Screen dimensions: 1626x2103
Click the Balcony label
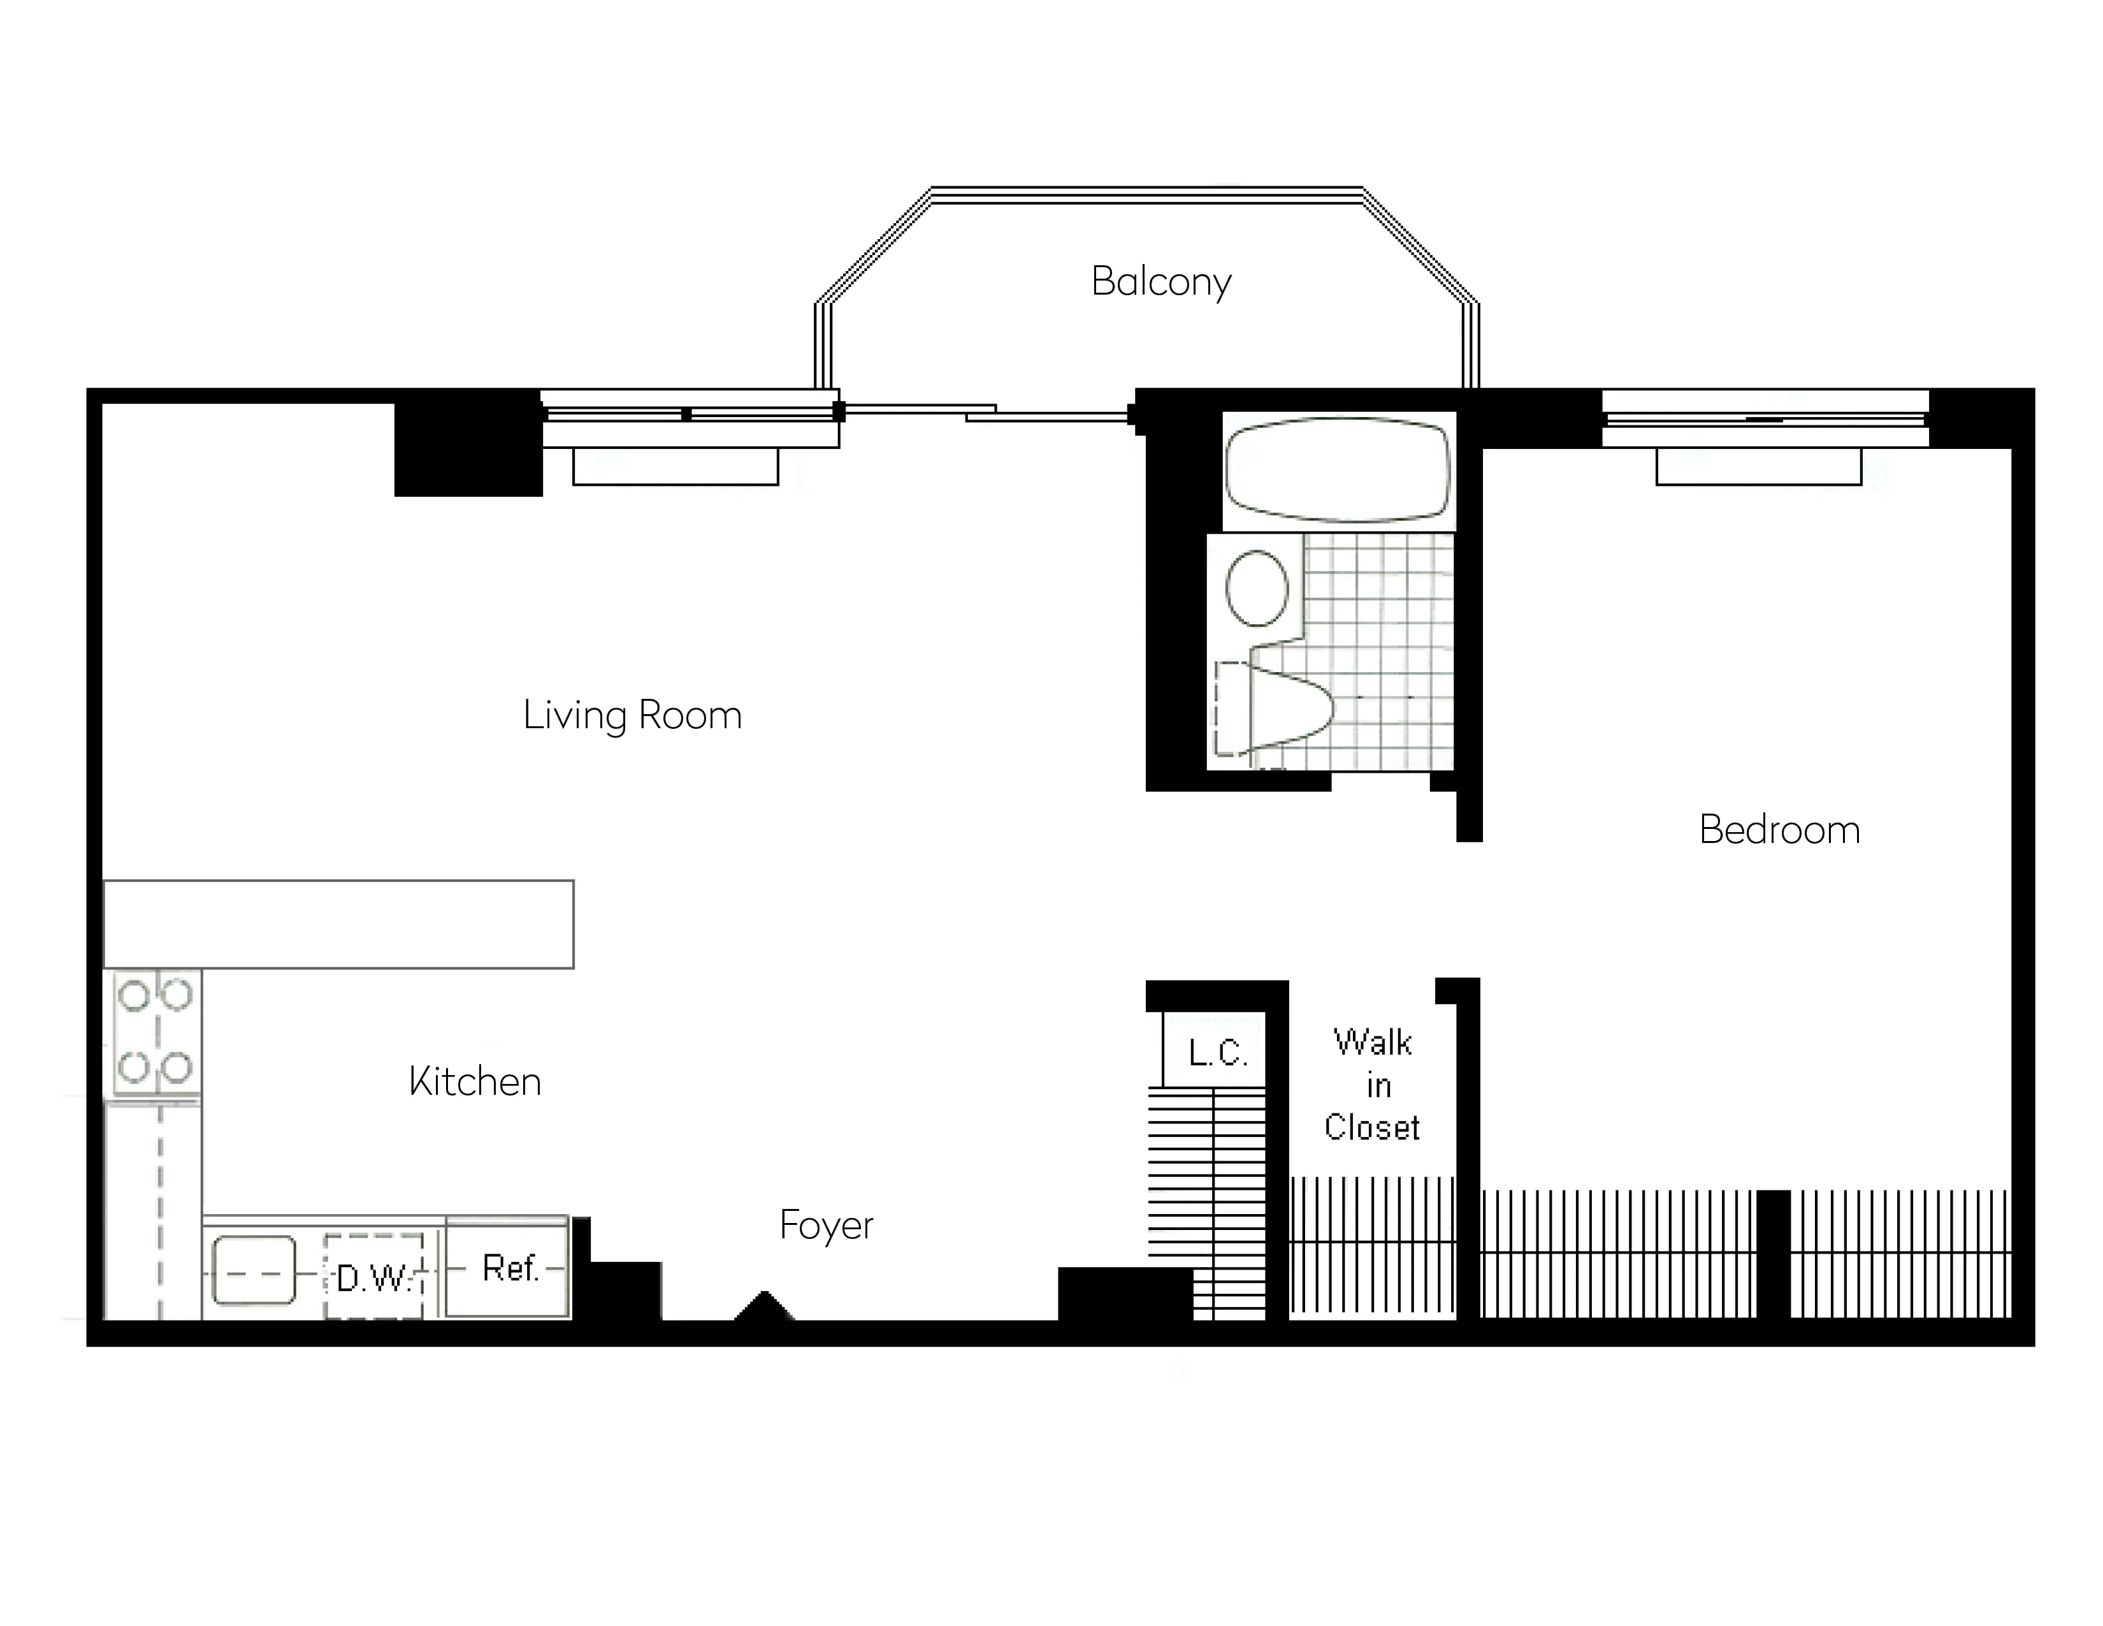(1160, 281)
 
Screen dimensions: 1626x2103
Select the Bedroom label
(1779, 830)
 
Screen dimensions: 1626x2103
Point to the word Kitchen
(475, 1081)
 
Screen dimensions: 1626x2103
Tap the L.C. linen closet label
(1217, 1053)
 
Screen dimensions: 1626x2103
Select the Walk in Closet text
(1372, 1086)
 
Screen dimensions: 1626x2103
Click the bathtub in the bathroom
(1338, 470)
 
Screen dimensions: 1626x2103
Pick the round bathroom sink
(1257, 588)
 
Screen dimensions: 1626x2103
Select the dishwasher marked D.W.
(373, 1277)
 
